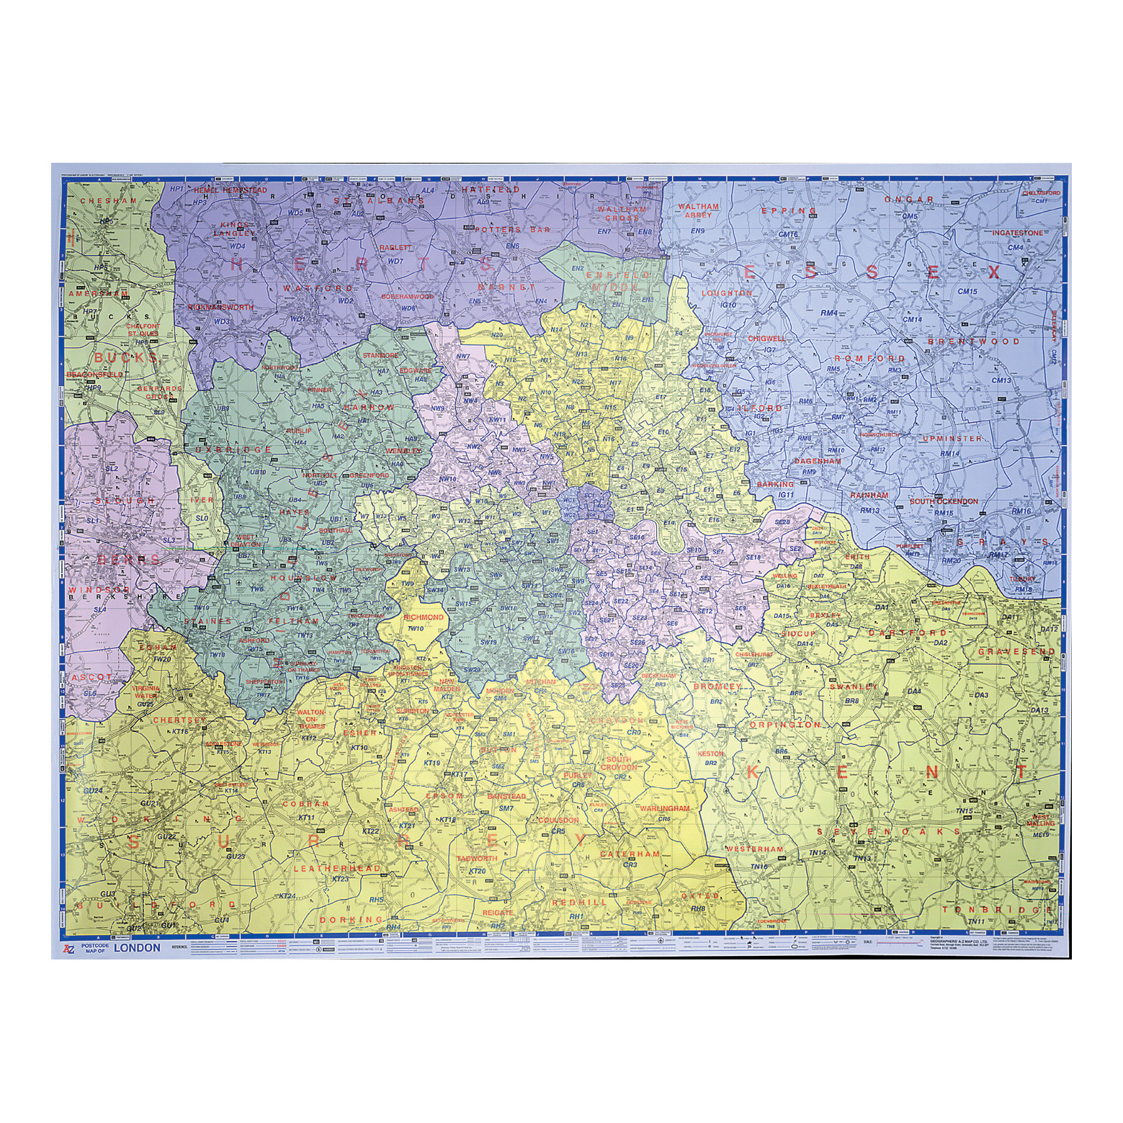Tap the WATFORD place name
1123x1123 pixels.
coord(308,288)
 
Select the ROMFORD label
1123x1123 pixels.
coord(859,358)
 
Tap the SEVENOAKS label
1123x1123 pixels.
coord(889,831)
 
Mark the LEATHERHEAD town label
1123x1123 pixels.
coord(336,869)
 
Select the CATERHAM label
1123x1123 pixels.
coord(630,854)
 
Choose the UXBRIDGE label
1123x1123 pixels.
coord(223,449)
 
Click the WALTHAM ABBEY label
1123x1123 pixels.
coord(699,210)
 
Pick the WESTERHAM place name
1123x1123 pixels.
coord(754,849)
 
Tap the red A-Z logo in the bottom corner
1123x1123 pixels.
coord(69,948)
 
